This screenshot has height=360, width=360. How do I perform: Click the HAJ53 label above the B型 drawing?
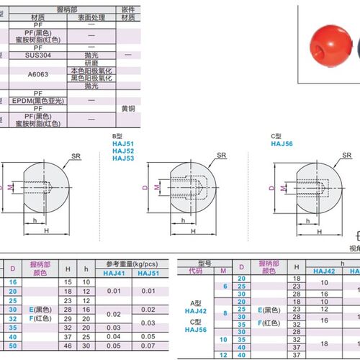(124, 158)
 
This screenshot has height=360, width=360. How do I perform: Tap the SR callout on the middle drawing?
(220, 155)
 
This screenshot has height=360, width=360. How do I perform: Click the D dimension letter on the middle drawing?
(146, 188)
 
